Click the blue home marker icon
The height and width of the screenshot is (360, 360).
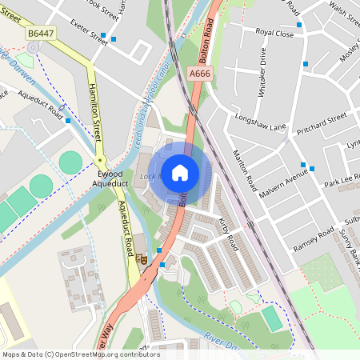[180, 173]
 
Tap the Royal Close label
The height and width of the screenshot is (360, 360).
[274, 32]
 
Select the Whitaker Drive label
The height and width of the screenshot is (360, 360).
[262, 72]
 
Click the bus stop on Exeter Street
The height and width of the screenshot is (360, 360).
[114, 38]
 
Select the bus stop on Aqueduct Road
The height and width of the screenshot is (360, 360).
[68, 121]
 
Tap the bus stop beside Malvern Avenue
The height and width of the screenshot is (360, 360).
[313, 168]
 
